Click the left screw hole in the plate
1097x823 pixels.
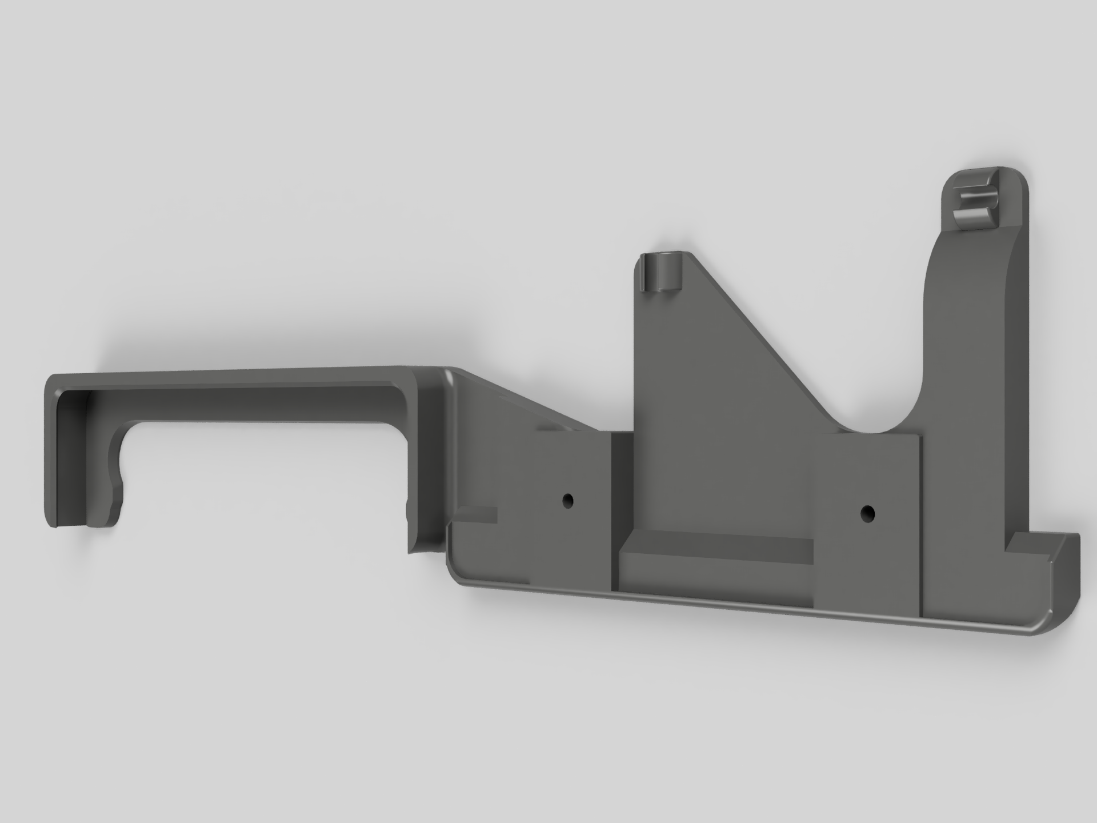coord(567,501)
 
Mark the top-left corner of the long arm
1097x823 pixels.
coord(55,380)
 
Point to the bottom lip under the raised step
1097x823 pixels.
coord(714,594)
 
